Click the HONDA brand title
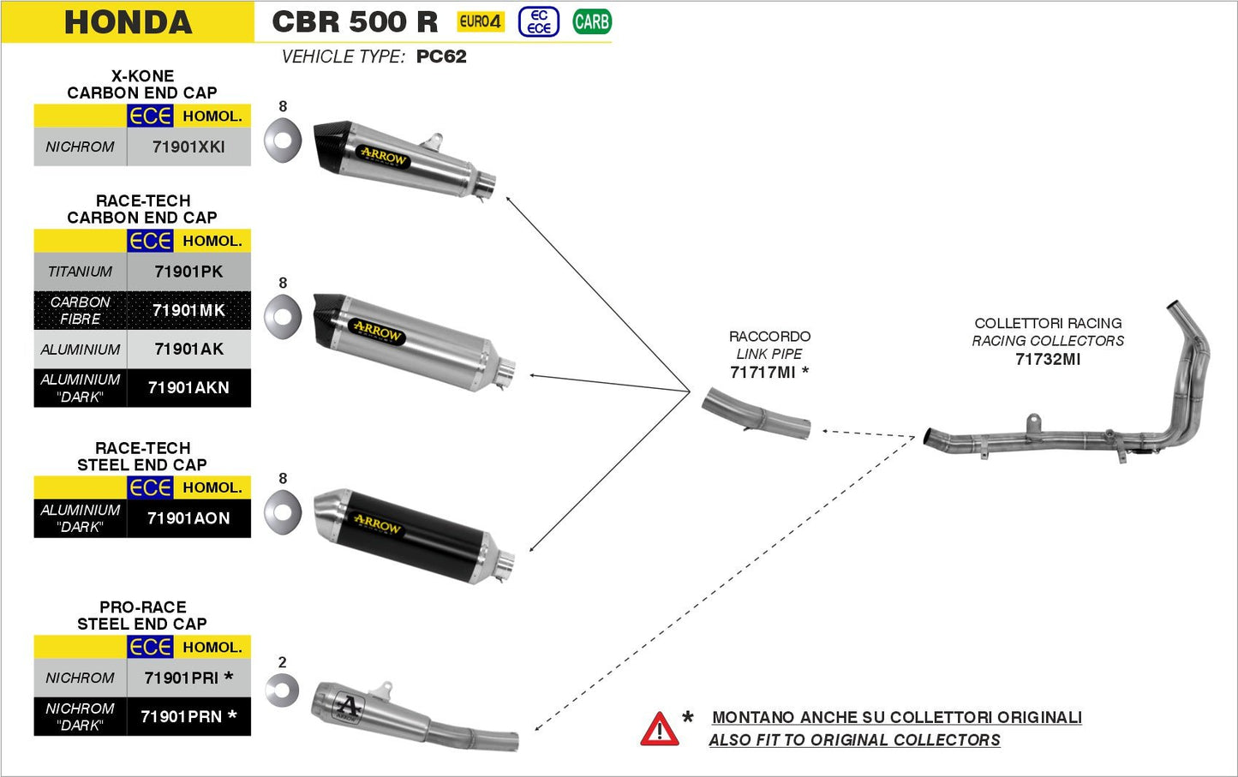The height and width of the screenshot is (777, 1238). pos(128,22)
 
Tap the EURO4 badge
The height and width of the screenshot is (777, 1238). pos(480,21)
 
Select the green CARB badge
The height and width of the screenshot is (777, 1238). pos(591,21)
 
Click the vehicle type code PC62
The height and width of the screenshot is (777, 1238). pos(441,57)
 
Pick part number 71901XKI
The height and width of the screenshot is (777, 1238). pos(188,146)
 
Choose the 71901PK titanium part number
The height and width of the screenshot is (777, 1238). pos(188,272)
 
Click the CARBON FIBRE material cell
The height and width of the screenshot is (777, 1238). pos(80,310)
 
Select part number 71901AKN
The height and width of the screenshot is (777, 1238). pos(188,388)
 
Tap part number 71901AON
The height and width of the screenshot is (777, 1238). pos(188,518)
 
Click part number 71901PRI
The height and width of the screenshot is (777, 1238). pos(182,678)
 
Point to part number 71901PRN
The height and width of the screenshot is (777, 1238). pos(182,716)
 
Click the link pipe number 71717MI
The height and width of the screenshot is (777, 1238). pos(763,372)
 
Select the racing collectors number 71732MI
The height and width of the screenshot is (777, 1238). pos(1047,359)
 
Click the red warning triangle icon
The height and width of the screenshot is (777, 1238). pos(659,730)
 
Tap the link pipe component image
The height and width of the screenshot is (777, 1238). pos(756,415)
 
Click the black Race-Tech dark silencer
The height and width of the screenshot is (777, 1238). pos(411,535)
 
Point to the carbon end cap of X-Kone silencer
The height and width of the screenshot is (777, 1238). pos(330,146)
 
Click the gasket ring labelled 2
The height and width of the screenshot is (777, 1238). pos(282,690)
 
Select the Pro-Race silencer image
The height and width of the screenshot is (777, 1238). pos(411,715)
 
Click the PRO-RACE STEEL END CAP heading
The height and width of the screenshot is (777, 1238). pos(142,615)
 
